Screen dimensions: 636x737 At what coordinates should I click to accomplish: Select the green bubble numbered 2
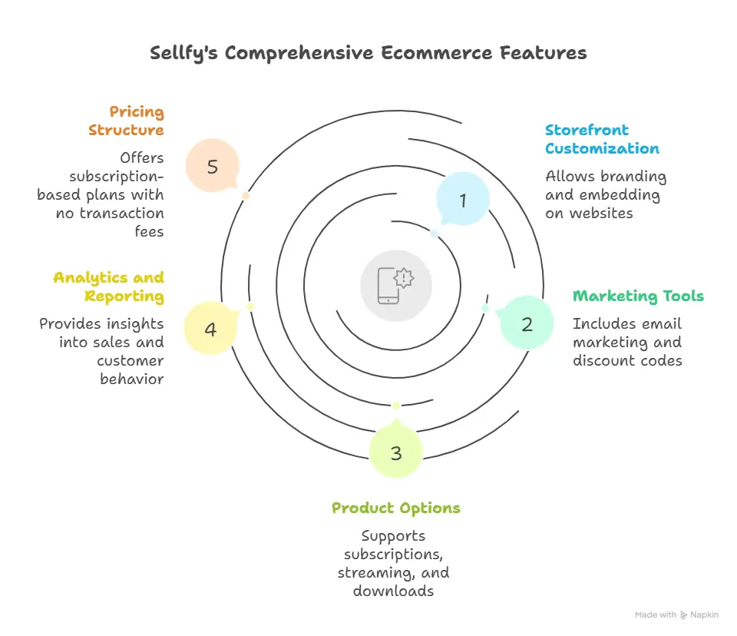527,324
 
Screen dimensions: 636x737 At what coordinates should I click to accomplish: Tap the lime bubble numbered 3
396,453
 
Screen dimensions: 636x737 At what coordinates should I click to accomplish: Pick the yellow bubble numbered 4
210,330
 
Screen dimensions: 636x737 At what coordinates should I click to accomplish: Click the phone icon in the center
396,286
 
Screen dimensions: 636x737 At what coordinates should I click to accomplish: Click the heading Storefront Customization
602,139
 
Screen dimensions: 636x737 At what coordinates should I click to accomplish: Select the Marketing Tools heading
638,296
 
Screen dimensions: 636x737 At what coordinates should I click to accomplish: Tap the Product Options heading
396,508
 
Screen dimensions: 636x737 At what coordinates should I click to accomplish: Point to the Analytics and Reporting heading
108,287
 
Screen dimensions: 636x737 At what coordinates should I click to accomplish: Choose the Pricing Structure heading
127,121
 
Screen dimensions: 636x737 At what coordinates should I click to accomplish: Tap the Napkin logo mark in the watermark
684,615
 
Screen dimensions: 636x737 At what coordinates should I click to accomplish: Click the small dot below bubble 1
435,234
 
